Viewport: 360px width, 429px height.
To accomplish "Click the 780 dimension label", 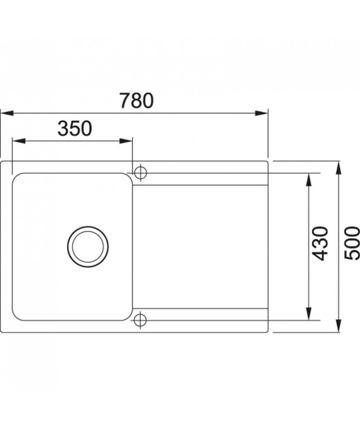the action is pos(136,100).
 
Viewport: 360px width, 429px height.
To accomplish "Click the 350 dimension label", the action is pos(75,128).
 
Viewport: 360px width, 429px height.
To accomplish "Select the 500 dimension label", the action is pos(352,243).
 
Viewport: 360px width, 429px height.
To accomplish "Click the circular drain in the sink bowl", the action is pos(88,246).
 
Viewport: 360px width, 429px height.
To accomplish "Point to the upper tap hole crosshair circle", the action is pos(141,173).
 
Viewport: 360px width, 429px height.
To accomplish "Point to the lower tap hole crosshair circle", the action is pos(141,320).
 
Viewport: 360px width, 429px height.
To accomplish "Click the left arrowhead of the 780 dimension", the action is pos(7,113).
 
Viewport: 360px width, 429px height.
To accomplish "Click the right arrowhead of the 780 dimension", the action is pos(261,113).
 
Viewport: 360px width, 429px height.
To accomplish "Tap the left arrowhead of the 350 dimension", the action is pos(19,141).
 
